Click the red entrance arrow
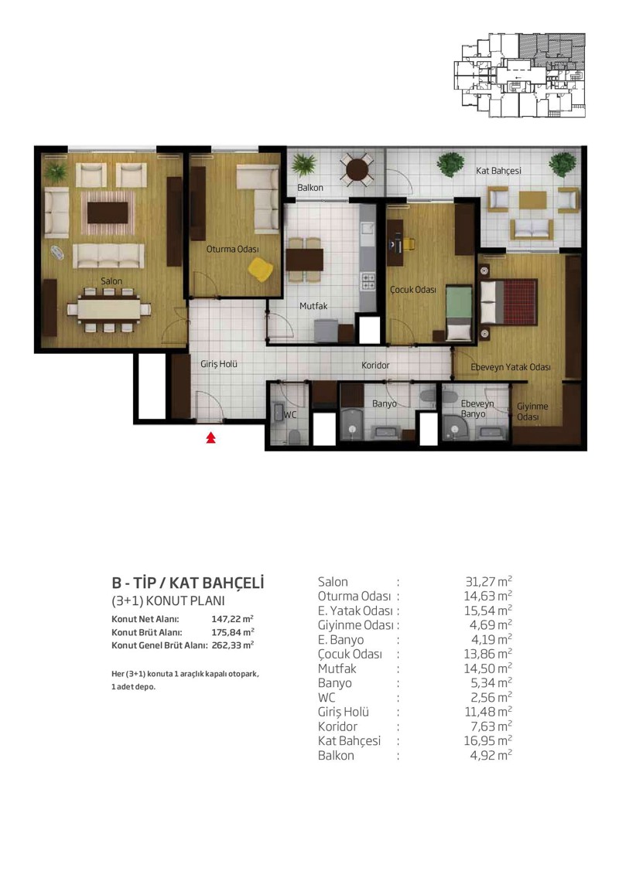(211, 437)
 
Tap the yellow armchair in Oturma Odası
(261, 269)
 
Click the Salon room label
(111, 281)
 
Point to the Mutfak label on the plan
(313, 306)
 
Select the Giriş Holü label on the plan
(219, 364)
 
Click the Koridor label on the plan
(375, 366)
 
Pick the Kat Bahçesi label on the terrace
(498, 170)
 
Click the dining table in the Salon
(109, 309)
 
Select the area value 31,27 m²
(488, 581)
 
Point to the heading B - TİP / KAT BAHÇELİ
(188, 583)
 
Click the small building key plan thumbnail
(519, 75)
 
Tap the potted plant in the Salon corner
(55, 171)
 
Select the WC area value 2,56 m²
(491, 697)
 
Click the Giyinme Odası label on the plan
(532, 411)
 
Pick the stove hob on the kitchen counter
(368, 281)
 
